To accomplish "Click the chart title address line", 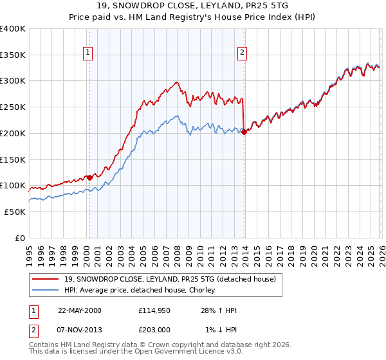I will point(192,6).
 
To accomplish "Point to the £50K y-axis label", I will point(15,212).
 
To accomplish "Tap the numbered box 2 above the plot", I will point(243,53).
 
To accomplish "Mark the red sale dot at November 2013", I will point(244,132).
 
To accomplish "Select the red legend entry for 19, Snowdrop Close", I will point(170,278).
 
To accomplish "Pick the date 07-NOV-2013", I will point(79,330).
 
